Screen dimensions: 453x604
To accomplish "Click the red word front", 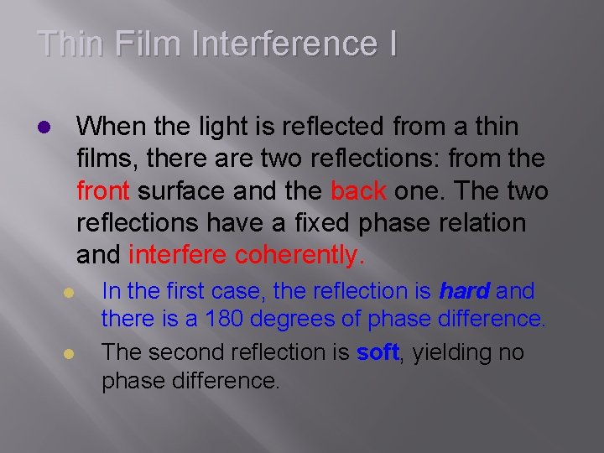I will point(102,191).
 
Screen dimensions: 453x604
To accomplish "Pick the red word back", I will point(358,191).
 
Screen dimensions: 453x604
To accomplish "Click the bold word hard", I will point(465,292).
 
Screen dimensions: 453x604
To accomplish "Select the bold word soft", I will point(377,353).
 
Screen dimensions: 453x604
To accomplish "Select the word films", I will point(104,159).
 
